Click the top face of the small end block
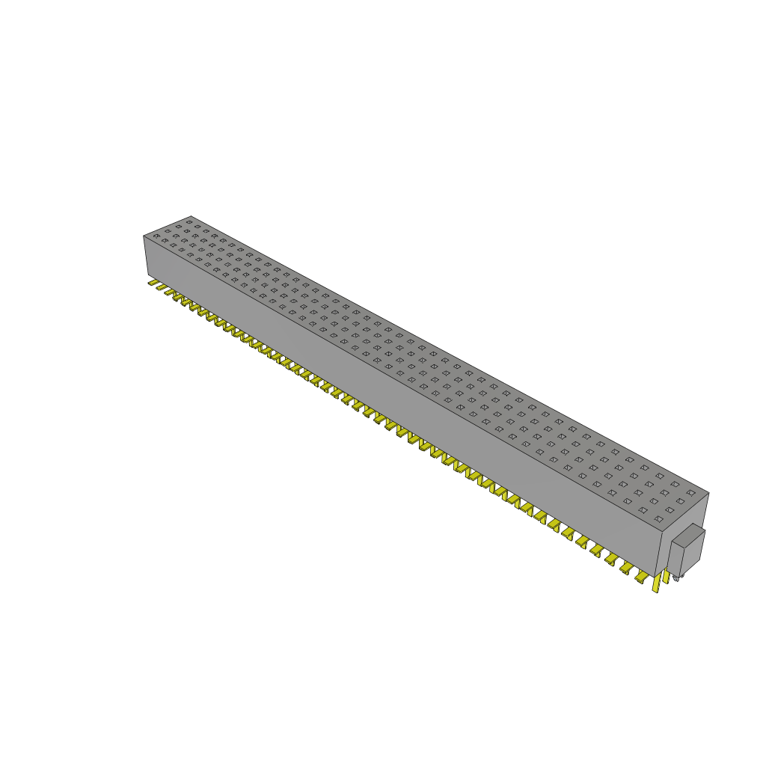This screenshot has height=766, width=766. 689,536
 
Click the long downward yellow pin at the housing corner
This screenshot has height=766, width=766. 656,585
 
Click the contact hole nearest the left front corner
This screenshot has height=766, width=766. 156,236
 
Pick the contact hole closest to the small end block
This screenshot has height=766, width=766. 658,519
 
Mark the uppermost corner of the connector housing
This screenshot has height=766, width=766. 191,216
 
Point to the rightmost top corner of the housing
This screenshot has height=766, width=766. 708,493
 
